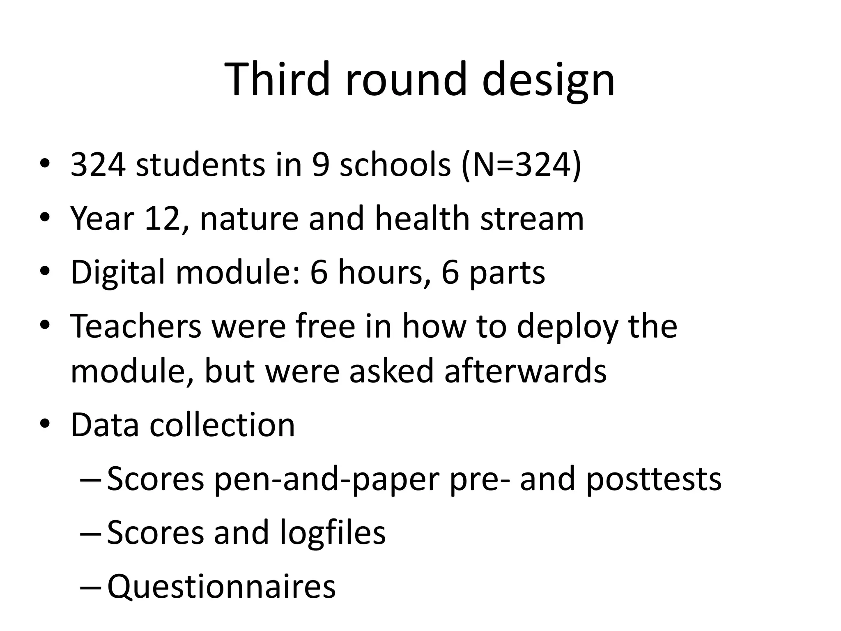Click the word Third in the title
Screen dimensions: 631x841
(277, 79)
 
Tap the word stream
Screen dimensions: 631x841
(532, 219)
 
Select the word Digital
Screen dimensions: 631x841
(117, 273)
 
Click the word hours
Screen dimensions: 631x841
(380, 273)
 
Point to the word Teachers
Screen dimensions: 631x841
(136, 326)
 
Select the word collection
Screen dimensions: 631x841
(222, 425)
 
